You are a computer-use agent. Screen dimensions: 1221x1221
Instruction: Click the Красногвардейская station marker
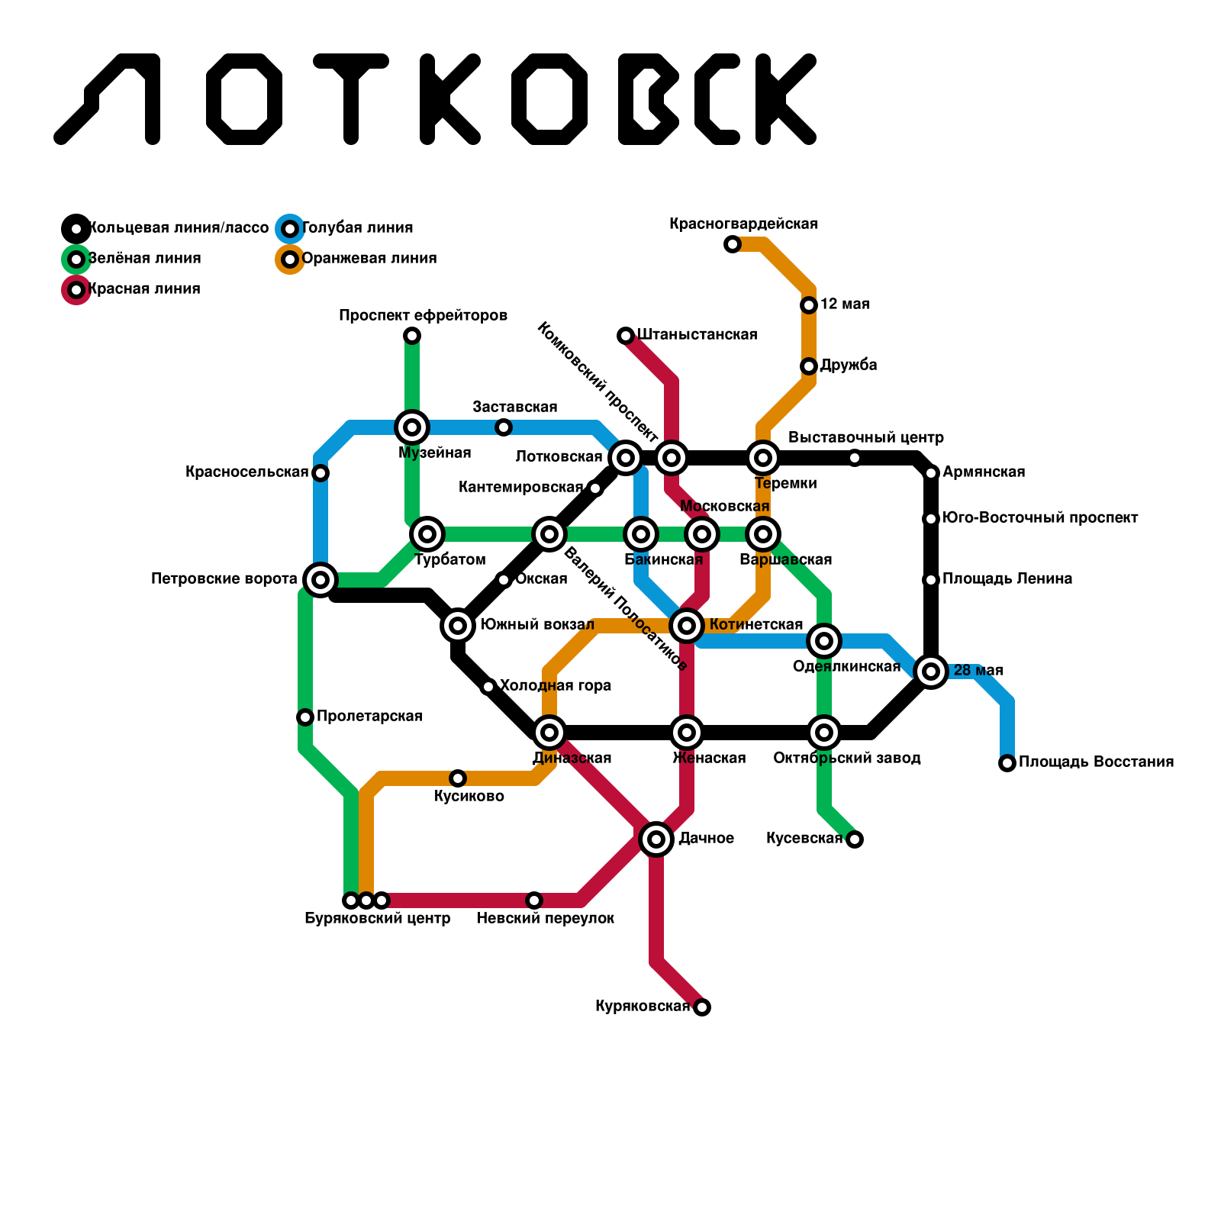(733, 244)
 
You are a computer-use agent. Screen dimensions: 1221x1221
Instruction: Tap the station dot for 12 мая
(809, 305)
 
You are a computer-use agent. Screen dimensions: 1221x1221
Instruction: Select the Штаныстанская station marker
(626, 336)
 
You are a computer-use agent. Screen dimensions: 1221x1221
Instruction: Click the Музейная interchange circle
(412, 427)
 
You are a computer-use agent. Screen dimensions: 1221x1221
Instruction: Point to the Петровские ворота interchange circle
(321, 580)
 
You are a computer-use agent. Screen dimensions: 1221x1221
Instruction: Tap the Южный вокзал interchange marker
(458, 626)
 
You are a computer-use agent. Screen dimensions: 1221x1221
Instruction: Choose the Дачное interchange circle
(656, 839)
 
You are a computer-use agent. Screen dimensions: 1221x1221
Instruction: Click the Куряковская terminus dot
(702, 1007)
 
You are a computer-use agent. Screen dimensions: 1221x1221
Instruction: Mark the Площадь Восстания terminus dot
(1007, 763)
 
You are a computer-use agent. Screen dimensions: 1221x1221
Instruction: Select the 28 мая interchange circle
(931, 672)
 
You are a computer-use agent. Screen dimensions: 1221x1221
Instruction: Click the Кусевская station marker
(855, 839)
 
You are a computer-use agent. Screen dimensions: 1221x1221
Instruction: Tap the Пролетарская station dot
(305, 717)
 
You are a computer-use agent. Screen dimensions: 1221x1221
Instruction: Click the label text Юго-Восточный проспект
(1040, 518)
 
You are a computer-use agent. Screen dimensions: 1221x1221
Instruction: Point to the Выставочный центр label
(866, 438)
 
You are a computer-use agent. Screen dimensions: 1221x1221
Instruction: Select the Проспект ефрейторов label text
(424, 316)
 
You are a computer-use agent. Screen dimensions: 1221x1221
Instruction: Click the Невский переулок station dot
(534, 900)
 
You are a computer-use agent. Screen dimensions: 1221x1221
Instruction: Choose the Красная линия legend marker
(76, 290)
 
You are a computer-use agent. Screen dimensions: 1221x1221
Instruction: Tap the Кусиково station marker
(458, 778)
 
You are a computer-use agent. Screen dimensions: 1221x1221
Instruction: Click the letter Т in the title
(351, 99)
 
